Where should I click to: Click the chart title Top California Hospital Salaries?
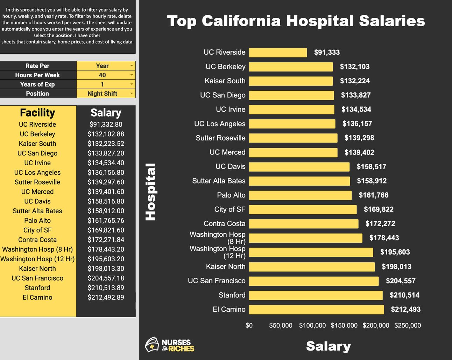(296, 21)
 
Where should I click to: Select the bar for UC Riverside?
(278, 53)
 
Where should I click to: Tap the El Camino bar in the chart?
(316, 310)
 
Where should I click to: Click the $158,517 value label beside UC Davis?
(371, 167)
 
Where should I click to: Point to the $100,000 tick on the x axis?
(312, 325)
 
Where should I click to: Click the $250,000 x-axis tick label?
(408, 325)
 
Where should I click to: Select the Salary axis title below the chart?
(328, 346)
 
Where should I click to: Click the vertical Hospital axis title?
(150, 192)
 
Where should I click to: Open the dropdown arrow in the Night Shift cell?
(132, 94)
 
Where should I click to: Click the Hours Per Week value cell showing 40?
(102, 75)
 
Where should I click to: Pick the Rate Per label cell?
(37, 66)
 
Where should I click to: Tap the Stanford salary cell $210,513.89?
(106, 288)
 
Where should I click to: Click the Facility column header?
(37, 113)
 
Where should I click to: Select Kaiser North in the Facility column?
(37, 269)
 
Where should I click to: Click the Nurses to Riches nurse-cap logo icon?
(152, 345)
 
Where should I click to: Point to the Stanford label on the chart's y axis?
(232, 295)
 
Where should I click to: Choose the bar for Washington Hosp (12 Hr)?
(311, 252)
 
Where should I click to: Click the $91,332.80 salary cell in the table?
(106, 124)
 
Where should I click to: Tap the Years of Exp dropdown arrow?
(132, 84)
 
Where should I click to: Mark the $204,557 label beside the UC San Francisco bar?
(401, 281)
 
